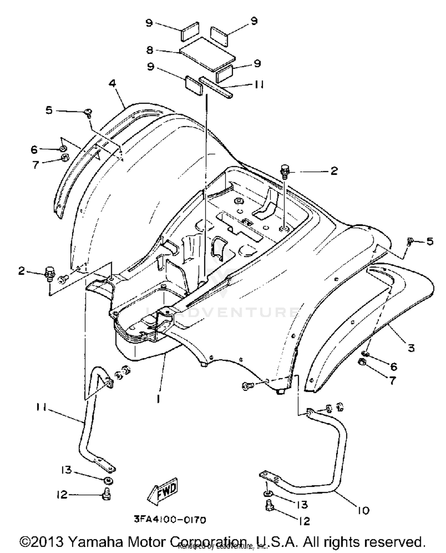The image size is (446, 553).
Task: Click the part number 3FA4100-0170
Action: [x=169, y=520]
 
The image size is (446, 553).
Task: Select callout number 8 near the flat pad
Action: [x=150, y=50]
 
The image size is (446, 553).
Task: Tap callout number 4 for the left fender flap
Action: [x=112, y=83]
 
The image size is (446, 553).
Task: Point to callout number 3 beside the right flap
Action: [x=411, y=348]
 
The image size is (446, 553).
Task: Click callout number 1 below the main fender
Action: [x=158, y=399]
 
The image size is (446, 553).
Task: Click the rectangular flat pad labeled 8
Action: [x=207, y=54]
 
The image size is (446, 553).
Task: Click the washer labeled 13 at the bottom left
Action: [x=108, y=480]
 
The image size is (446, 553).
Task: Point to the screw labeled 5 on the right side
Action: [x=410, y=241]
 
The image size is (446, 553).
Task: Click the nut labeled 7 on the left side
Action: [x=65, y=158]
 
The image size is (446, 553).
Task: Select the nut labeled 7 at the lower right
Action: [x=363, y=362]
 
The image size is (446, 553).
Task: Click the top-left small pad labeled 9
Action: [x=189, y=31]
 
